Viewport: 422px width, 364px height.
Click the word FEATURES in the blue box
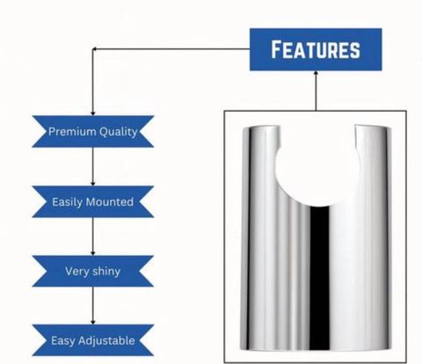[316, 49]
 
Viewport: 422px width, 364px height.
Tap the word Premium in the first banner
[72, 131]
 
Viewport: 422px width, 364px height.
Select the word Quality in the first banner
[118, 132]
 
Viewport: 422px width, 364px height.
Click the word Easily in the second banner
[68, 202]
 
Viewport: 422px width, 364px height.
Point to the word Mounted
[110, 201]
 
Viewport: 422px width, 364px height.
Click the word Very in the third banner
[76, 272]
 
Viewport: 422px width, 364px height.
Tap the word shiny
[105, 272]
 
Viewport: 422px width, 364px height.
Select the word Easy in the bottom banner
[62, 341]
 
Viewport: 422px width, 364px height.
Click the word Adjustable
[106, 341]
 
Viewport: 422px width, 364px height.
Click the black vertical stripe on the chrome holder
[319, 277]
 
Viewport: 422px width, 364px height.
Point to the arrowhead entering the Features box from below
[316, 73]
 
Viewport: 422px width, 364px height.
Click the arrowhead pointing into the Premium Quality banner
[93, 113]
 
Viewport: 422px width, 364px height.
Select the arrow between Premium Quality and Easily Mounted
[93, 166]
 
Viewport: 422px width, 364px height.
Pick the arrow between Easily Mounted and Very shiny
[93, 237]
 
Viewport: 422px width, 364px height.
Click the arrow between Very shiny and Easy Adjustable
[93, 305]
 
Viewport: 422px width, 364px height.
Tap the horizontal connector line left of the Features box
[171, 49]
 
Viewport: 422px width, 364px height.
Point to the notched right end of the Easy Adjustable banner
[146, 340]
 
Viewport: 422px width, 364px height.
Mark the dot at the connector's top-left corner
[94, 49]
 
